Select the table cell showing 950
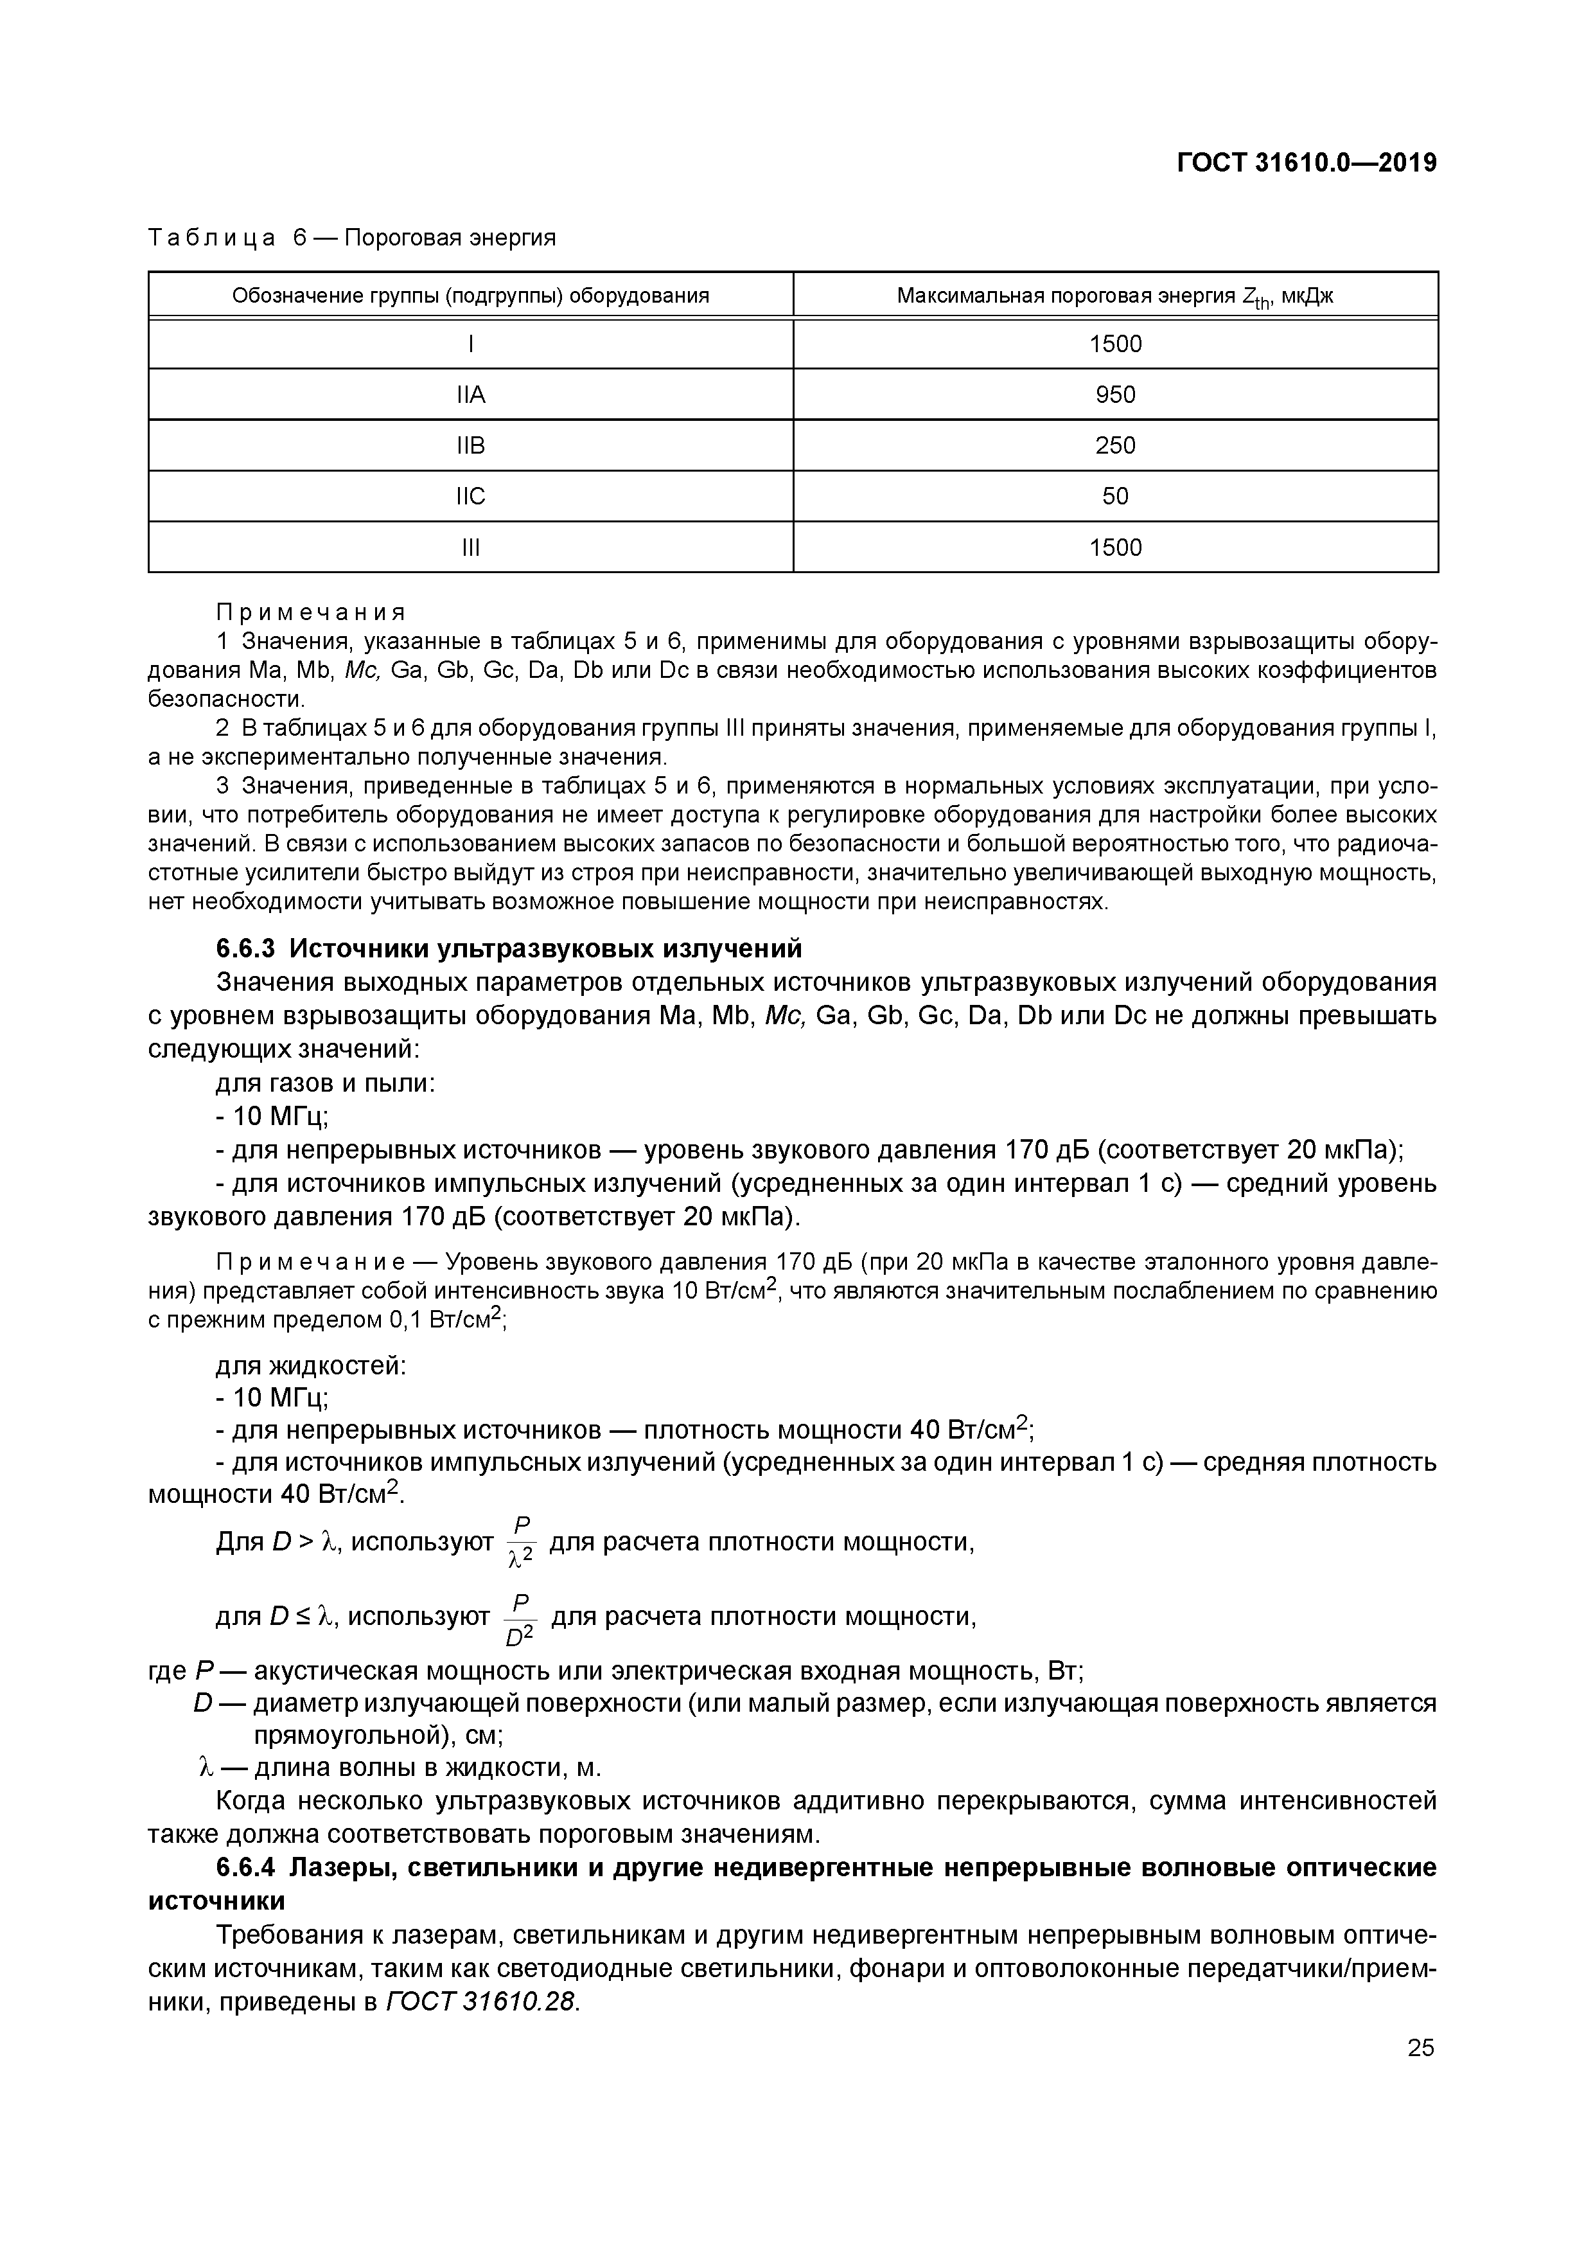[1115, 395]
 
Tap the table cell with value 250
[1115, 446]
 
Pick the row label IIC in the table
[471, 497]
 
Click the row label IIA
[471, 395]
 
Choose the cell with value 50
[1115, 497]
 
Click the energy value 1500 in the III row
[1115, 548]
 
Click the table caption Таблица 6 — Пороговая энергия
[351, 238]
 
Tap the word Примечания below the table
[310, 612]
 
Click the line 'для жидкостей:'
[310, 1365]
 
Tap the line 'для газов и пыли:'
[325, 1084]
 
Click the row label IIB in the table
[471, 446]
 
